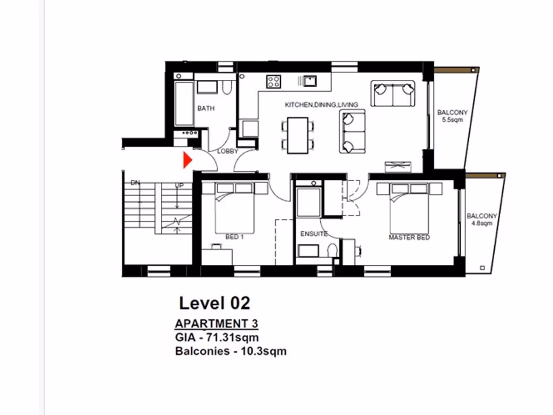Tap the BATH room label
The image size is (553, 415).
point(206,109)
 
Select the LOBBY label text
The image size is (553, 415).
point(227,152)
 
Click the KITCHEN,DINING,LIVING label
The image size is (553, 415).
point(321,104)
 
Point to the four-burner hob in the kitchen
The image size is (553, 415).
point(273,82)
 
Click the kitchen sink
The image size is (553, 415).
point(309,81)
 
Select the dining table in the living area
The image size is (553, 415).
point(298,135)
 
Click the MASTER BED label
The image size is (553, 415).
point(409,237)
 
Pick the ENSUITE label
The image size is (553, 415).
point(314,234)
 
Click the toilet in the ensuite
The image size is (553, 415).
point(333,251)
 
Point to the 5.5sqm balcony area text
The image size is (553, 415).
point(453,121)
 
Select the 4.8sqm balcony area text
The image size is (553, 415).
point(482,223)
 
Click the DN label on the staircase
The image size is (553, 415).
point(135,183)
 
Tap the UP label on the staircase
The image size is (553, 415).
point(179,185)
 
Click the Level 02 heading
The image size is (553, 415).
point(214,303)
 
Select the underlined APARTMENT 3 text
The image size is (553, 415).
point(217,324)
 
